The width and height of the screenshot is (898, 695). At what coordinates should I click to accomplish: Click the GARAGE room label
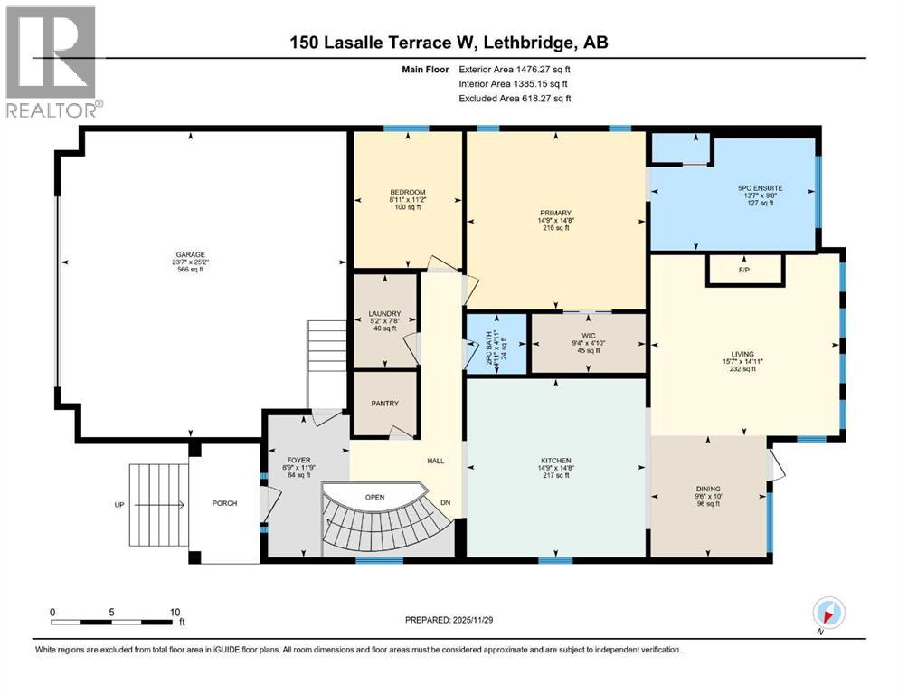190,254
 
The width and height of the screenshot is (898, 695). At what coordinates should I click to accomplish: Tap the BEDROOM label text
407,192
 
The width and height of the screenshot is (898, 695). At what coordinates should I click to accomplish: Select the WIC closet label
588,336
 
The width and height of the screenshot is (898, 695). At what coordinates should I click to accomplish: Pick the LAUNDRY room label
384,314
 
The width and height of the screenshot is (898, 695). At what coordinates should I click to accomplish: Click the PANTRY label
384,404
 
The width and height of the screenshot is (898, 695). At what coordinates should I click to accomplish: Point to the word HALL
435,461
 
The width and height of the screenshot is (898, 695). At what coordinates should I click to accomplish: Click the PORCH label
224,503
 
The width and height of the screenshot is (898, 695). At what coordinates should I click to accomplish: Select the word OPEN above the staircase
375,497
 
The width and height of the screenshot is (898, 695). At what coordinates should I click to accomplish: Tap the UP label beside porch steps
118,504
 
